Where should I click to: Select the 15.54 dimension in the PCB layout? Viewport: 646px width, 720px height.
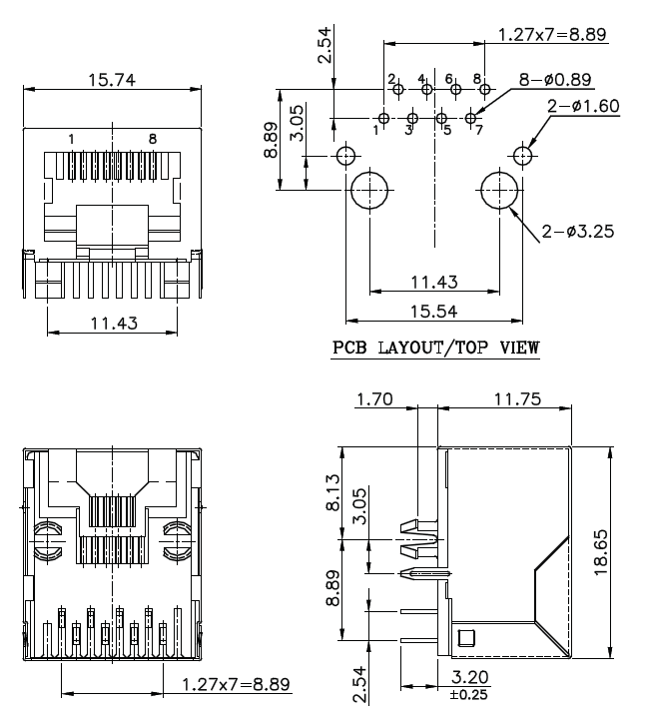point(432,312)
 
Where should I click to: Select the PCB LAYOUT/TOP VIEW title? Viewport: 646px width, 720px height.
point(435,348)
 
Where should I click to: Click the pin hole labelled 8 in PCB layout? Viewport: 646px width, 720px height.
point(483,90)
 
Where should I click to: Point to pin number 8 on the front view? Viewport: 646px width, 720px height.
point(152,139)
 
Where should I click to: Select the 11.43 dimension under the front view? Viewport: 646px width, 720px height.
point(112,322)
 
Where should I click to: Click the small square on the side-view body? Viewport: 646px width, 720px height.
point(465,639)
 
